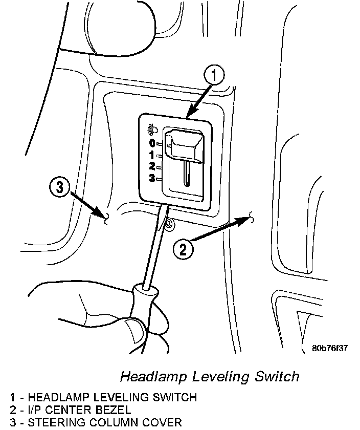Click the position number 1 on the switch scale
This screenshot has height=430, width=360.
152,155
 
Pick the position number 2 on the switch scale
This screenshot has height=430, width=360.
152,166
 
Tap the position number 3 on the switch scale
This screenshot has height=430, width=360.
152,178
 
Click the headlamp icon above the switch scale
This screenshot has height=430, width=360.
152,130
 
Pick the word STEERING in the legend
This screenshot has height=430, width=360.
53,422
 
